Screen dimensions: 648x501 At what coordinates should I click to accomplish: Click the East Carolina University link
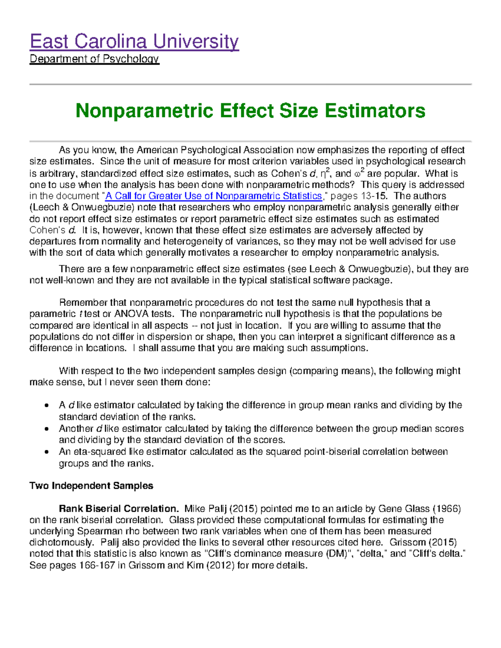coord(134,42)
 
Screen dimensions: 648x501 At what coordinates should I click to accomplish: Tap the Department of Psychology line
coord(94,59)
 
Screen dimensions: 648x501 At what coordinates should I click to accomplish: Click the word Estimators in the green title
coord(375,111)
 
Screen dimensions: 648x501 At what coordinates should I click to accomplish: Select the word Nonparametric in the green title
coord(144,111)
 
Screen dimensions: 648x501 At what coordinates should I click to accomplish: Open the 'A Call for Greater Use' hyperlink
coord(214,196)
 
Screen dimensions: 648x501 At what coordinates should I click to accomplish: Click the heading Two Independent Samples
coord(91,486)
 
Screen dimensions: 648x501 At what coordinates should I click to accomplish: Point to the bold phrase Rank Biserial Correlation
coord(119,509)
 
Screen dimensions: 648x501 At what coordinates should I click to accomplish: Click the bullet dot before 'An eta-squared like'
coord(49,452)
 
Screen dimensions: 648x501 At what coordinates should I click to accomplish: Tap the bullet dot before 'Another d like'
coord(49,429)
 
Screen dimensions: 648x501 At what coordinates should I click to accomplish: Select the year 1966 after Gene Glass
coord(447,509)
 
